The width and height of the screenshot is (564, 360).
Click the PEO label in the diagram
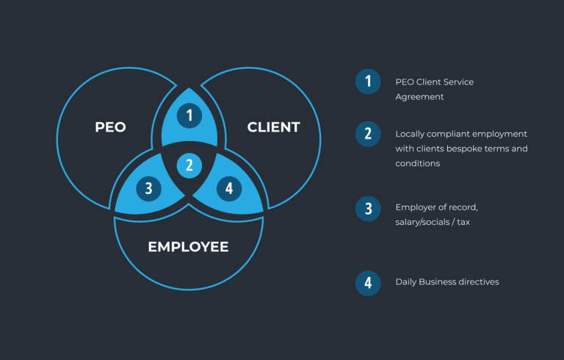(110, 126)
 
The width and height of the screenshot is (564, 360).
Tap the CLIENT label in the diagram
(273, 126)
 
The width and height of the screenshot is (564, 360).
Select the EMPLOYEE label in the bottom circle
(188, 246)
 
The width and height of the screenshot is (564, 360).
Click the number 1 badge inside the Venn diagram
(189, 115)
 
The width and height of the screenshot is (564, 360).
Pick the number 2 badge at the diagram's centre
(189, 165)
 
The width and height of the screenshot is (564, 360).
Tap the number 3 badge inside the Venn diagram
(148, 188)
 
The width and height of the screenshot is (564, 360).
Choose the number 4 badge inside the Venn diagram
(229, 188)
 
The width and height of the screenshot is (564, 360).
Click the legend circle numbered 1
(368, 81)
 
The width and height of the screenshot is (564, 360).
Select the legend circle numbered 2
(368, 134)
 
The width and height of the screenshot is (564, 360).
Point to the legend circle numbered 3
(368, 208)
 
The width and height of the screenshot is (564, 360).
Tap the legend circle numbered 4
(368, 282)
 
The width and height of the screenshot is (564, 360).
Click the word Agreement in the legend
(419, 96)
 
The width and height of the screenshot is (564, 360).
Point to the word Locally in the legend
(410, 134)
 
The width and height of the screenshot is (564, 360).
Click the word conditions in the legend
(418, 163)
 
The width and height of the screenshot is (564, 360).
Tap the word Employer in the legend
(416, 207)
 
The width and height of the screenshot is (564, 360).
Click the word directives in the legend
(478, 281)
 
